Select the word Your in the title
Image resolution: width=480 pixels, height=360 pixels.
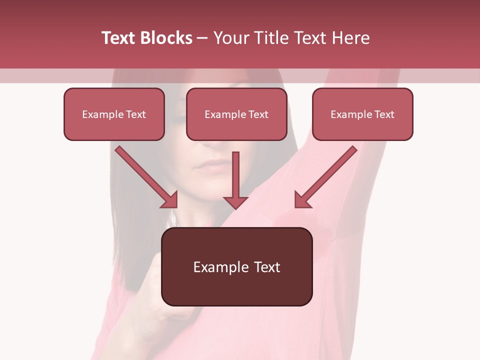229,38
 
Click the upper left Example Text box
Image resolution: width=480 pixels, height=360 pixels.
114,114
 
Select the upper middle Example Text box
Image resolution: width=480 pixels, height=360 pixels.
236,114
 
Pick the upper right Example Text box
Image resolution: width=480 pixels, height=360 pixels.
362,114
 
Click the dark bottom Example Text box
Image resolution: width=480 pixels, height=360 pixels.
236,267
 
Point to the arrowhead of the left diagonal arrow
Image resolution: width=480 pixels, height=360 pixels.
170,199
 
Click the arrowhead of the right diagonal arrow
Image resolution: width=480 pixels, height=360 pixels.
302,199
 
